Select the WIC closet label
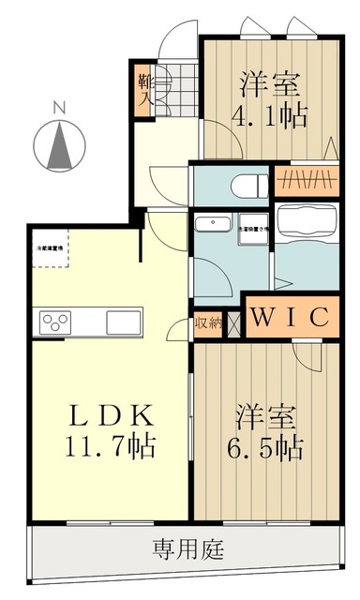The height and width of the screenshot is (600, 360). (289, 317)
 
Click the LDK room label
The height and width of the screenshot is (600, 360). (102, 414)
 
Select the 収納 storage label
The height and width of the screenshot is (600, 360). (208, 323)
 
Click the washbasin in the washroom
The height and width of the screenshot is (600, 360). (213, 225)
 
